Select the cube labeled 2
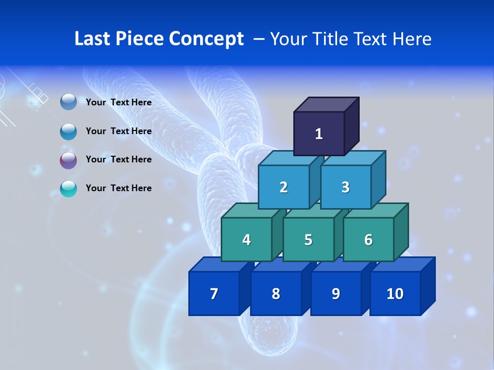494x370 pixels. tap(284, 187)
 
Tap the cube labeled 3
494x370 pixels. tap(345, 187)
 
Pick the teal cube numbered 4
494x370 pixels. tap(246, 239)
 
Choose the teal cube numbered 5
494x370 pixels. tap(308, 239)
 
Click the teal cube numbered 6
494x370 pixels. tap(368, 239)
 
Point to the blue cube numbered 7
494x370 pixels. tap(214, 293)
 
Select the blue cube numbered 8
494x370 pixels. tap(276, 293)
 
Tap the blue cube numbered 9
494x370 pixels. tap(336, 293)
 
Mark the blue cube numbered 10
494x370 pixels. tap(395, 293)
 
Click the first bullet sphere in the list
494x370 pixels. tap(68, 102)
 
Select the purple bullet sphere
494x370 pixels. tap(68, 160)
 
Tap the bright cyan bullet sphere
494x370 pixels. tap(68, 189)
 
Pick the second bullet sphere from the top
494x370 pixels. tap(68, 132)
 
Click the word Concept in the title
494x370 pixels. tap(206, 39)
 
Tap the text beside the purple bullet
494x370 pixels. tap(119, 159)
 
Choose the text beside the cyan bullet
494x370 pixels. tap(119, 188)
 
